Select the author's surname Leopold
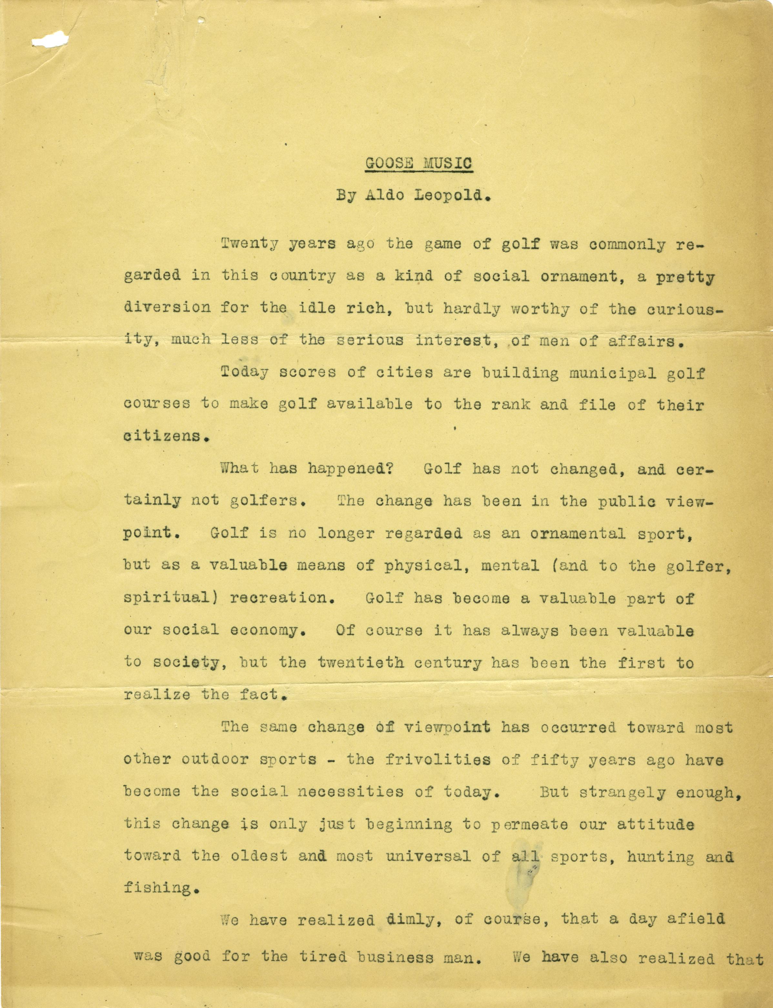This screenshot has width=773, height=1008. [x=450, y=196]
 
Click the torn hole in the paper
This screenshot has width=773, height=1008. [x=50, y=41]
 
